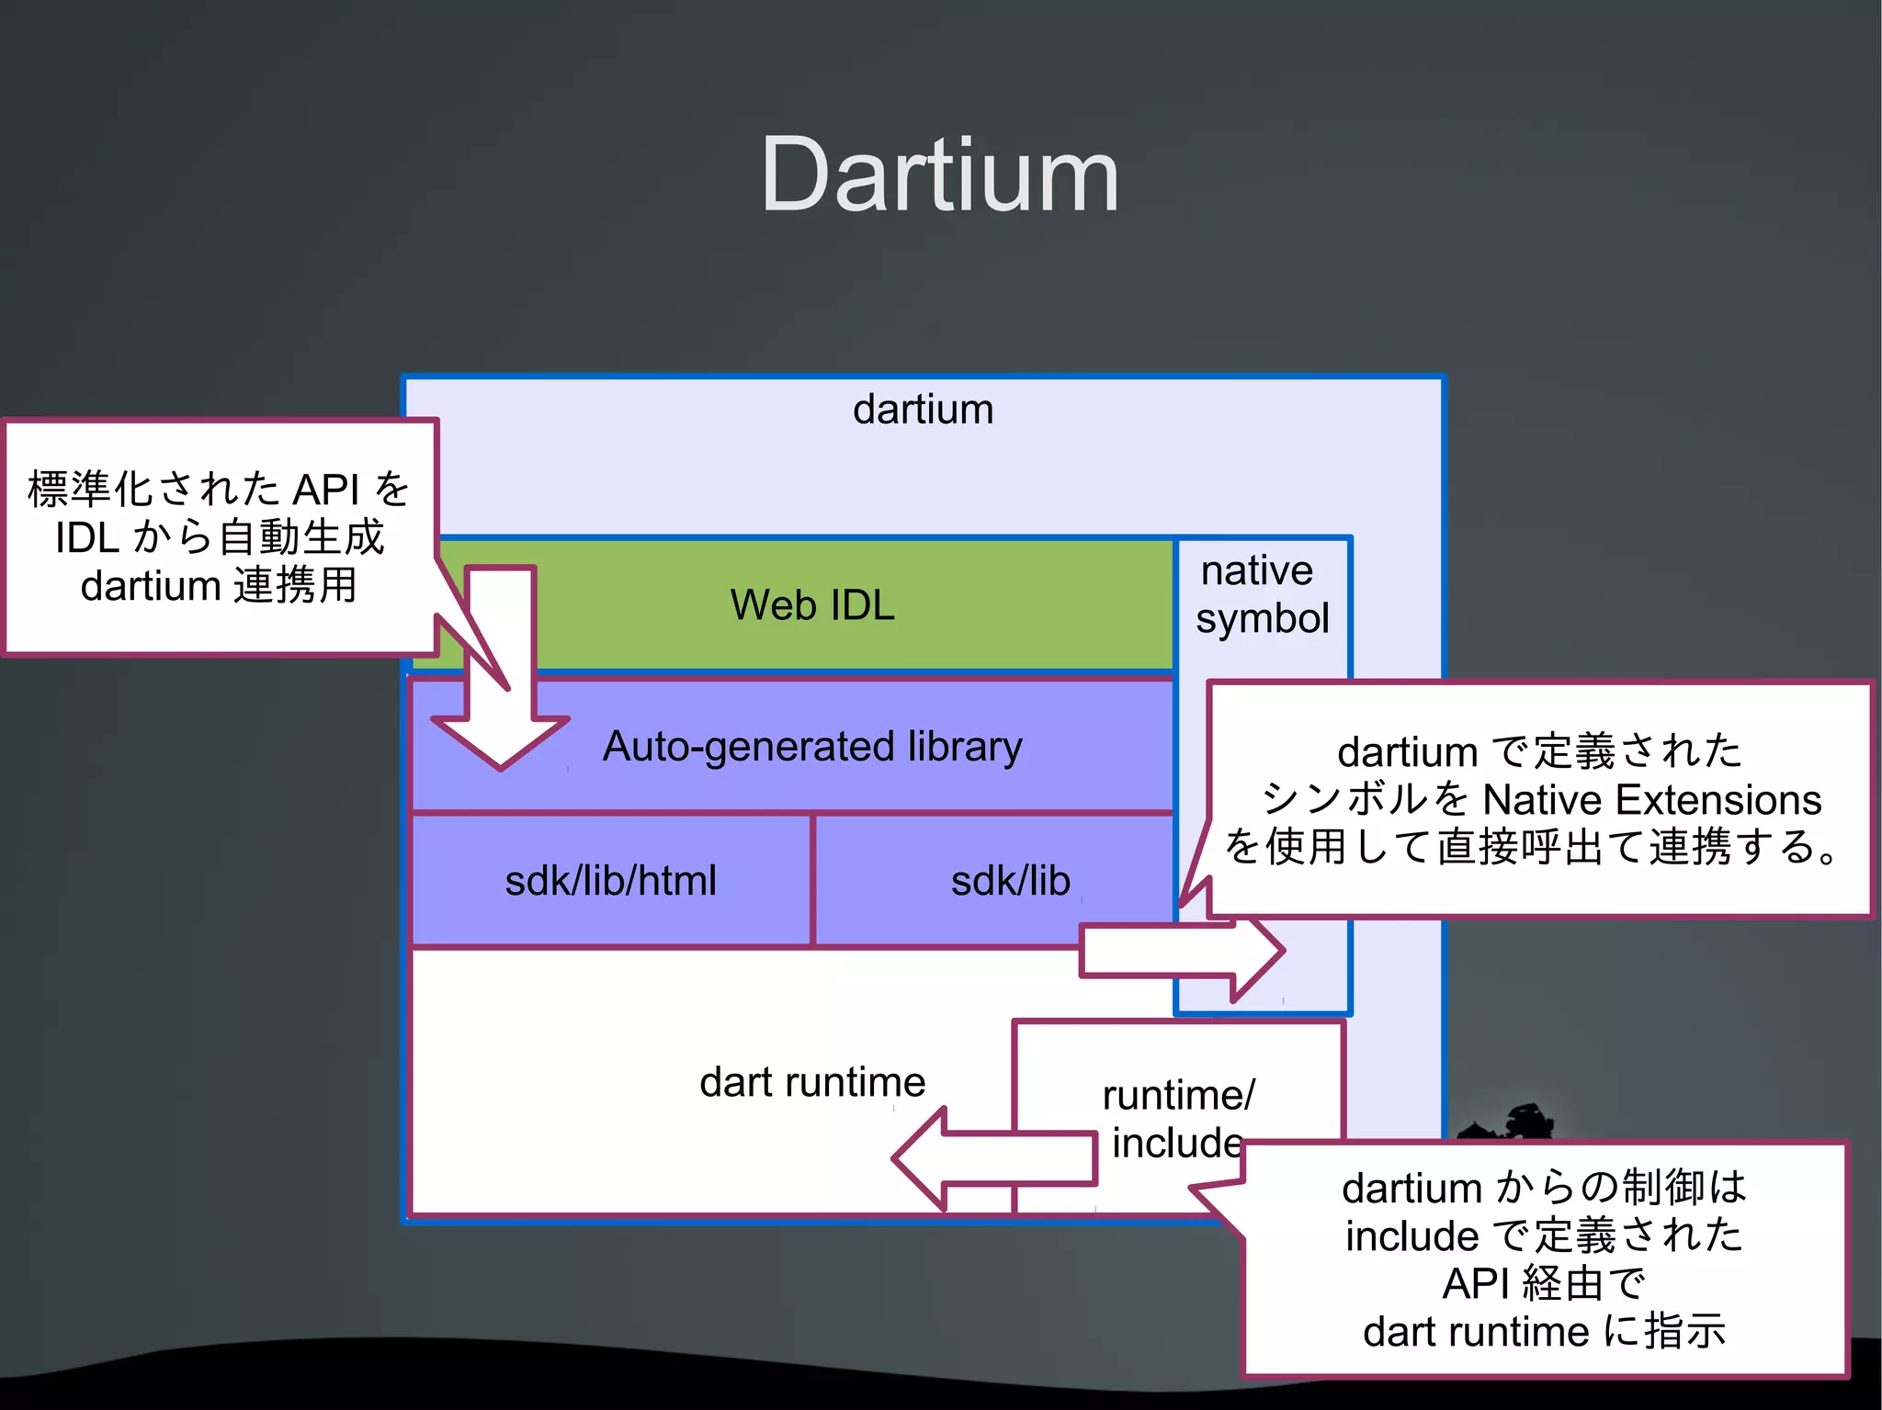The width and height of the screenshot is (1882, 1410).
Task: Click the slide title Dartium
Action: (939, 175)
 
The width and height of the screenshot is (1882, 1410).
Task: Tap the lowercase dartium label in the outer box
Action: (923, 410)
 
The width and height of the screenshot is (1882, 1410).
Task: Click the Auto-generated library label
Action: (812, 746)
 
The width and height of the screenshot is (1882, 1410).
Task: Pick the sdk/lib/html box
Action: (610, 880)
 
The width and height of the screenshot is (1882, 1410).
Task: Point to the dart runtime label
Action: (812, 1082)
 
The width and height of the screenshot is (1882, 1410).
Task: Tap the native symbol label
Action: (1262, 594)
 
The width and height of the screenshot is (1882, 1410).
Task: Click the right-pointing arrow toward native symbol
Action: (1181, 952)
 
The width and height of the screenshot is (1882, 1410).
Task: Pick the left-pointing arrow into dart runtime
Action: (992, 1159)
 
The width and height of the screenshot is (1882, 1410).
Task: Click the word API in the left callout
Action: (325, 490)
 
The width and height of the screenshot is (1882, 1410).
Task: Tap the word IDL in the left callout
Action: (87, 538)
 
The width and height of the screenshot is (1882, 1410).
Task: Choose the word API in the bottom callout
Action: (1478, 1283)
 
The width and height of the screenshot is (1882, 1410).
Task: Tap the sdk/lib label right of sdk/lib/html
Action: (1010, 880)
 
